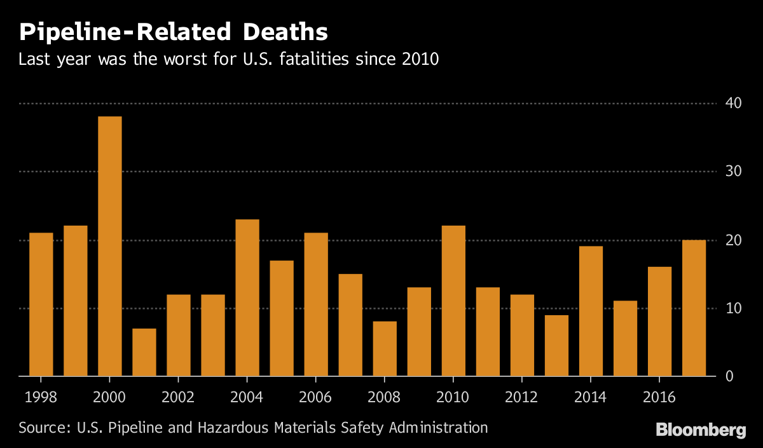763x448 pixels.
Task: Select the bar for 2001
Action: (x=144, y=353)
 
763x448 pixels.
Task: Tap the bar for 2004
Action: (x=247, y=298)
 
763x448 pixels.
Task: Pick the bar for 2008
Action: (x=385, y=349)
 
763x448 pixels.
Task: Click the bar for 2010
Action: (x=453, y=301)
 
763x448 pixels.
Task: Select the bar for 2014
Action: (x=591, y=311)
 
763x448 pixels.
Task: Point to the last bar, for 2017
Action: (x=694, y=308)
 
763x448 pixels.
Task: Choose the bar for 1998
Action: (x=41, y=305)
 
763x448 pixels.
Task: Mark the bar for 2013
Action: (x=556, y=346)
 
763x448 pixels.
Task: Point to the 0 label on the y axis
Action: (x=729, y=377)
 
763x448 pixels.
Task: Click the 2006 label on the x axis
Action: (x=315, y=397)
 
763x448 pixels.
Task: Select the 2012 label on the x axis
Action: (x=521, y=397)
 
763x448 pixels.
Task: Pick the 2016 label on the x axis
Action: (x=659, y=397)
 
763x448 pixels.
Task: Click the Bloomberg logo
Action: (x=701, y=430)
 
